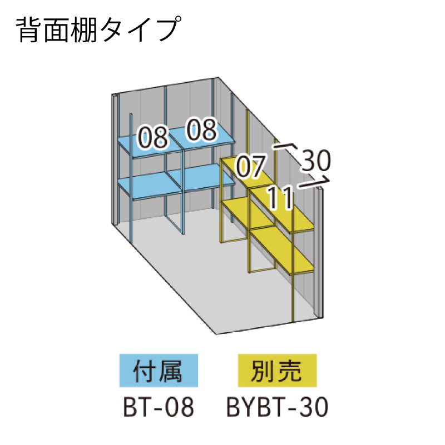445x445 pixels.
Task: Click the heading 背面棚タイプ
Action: (x=98, y=30)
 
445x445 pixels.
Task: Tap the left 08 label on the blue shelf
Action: (x=153, y=137)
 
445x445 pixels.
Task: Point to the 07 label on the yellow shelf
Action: (x=251, y=167)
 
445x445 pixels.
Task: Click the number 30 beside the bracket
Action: (x=316, y=161)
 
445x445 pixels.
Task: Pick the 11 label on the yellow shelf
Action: (x=280, y=197)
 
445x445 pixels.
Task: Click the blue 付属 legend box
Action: (x=159, y=371)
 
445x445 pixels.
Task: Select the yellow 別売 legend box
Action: (x=277, y=371)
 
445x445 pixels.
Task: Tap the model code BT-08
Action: (x=159, y=407)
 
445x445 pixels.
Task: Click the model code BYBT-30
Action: (x=278, y=407)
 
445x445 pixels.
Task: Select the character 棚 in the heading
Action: (x=84, y=30)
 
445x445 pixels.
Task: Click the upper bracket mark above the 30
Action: (x=285, y=148)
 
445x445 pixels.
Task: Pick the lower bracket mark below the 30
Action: (x=314, y=183)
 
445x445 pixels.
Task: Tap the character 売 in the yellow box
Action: (x=290, y=371)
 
